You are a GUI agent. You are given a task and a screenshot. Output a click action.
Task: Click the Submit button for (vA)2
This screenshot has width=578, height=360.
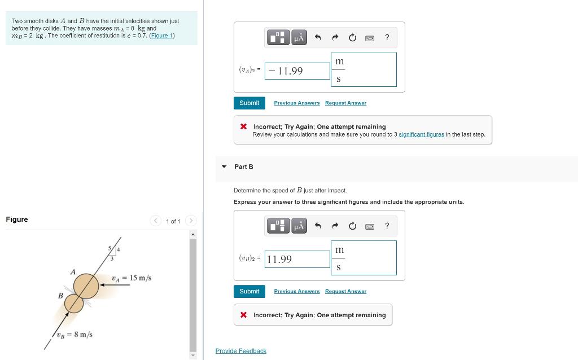click(249, 103)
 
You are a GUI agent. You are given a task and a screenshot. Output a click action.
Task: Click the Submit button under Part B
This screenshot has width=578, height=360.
click(249, 292)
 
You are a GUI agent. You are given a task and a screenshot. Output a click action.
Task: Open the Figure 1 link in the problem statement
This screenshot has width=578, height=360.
click(162, 36)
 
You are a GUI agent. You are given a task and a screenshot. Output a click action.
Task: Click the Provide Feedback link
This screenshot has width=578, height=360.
click(240, 351)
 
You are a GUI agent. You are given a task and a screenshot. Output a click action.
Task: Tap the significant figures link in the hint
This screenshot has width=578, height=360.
click(421, 134)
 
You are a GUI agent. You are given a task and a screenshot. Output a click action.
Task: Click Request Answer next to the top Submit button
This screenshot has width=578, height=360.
click(345, 103)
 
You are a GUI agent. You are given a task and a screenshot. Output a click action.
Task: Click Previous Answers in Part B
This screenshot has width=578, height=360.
click(296, 292)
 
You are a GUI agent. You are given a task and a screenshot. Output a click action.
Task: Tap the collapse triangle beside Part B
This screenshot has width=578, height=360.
click(224, 166)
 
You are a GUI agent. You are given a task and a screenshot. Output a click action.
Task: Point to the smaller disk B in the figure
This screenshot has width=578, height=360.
click(73, 304)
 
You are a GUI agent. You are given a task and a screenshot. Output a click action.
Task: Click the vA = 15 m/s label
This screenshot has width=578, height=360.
click(132, 278)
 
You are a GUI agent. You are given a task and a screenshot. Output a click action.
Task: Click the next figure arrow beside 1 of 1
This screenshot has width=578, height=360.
click(191, 221)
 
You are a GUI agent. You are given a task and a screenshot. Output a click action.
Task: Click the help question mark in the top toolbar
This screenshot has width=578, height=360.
click(387, 38)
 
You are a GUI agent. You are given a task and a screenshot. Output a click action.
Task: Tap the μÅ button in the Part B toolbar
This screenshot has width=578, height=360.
click(299, 226)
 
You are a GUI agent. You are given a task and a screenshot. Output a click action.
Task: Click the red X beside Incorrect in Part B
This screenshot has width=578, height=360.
click(243, 315)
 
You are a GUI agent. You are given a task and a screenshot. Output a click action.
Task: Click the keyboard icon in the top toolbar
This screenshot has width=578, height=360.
click(370, 38)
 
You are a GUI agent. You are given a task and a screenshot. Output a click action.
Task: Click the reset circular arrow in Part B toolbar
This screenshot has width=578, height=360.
click(353, 226)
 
